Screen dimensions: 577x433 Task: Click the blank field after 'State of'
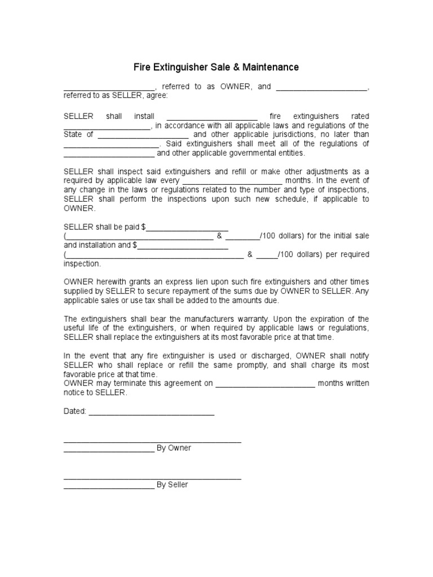(143, 135)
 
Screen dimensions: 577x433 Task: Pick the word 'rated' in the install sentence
(360, 116)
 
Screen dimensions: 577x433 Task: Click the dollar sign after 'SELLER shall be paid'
(144, 227)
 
